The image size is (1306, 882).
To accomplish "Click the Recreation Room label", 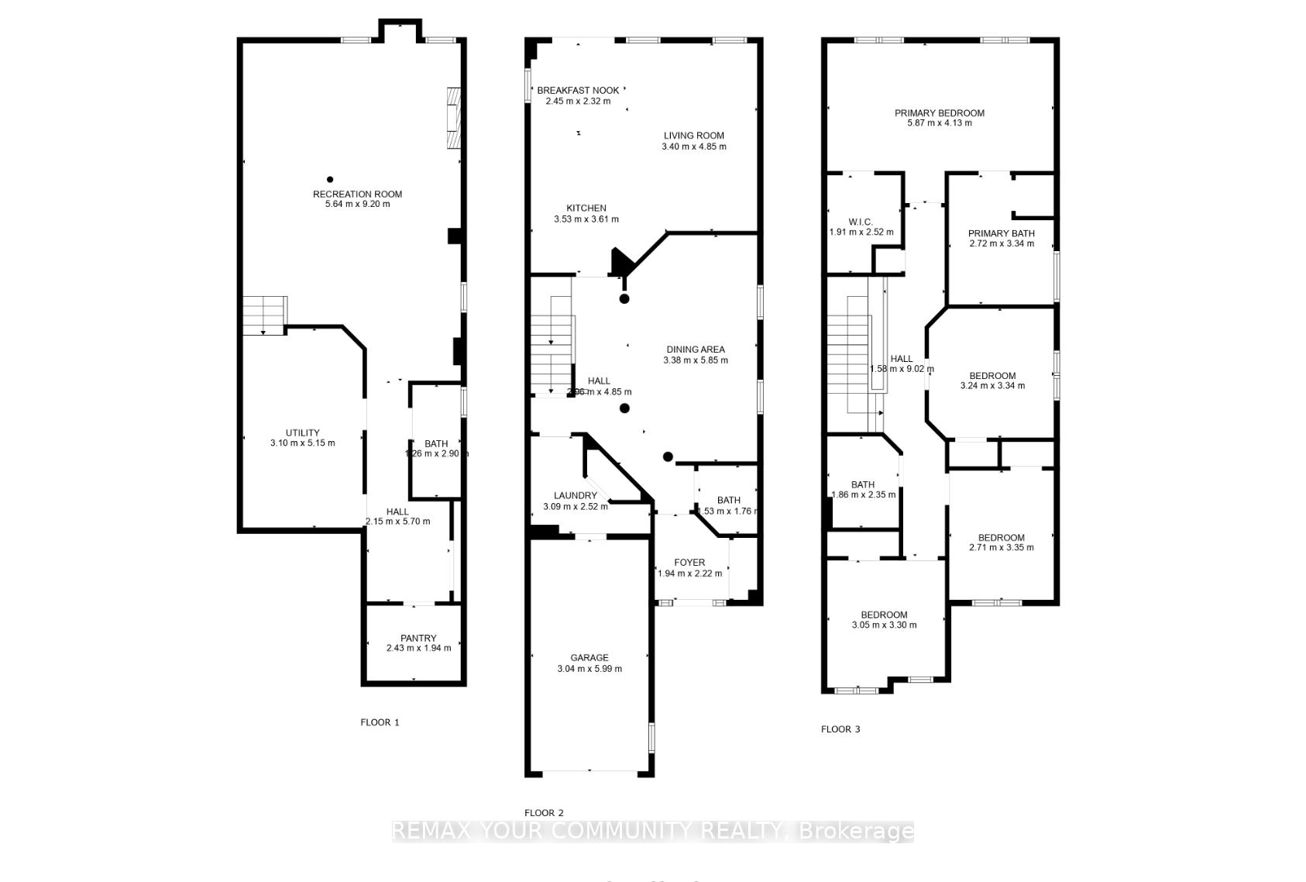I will [357, 194].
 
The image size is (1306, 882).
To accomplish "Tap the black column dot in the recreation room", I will [330, 179].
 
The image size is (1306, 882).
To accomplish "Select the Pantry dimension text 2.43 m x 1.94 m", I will [418, 648].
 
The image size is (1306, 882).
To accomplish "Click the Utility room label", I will [302, 432].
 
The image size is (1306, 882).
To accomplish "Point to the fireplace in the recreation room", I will [454, 118].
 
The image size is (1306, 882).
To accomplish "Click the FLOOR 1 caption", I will [380, 722].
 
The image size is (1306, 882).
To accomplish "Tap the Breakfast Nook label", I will [578, 90].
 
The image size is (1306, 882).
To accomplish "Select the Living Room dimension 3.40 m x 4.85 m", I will [694, 146].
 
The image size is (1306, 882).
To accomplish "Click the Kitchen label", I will [586, 208].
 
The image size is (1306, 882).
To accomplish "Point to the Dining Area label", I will [696, 349].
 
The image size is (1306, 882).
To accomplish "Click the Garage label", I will [589, 657].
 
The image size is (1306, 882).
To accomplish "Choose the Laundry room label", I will [576, 495].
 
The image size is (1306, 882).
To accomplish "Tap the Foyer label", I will [689, 562].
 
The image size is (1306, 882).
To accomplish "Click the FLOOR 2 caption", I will [544, 813].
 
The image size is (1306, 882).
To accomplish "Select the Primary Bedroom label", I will [939, 112].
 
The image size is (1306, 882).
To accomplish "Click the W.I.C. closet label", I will [861, 222].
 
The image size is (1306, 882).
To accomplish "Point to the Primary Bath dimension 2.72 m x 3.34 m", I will [1002, 243].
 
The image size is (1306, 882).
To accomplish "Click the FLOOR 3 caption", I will [840, 729].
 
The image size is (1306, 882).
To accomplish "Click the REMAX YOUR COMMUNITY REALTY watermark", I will [652, 832].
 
